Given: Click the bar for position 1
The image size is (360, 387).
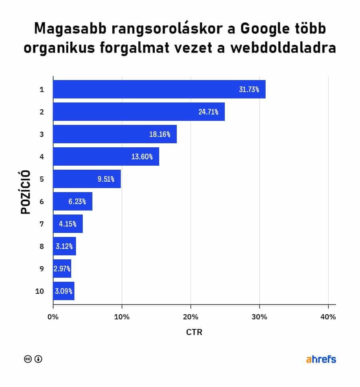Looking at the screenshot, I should point(159,89).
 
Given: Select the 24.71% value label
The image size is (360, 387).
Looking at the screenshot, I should point(208,112).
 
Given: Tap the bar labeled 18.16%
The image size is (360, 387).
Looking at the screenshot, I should point(115,134).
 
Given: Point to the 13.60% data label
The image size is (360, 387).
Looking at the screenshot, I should point(142,157).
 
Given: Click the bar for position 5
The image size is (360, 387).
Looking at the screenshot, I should point(87,179).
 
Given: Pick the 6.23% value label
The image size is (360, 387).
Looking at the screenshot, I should point(77,202).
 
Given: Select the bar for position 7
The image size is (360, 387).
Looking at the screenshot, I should point(68,224).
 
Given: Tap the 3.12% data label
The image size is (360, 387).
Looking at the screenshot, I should point(65,247).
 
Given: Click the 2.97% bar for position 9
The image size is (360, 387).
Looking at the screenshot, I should point(62,269).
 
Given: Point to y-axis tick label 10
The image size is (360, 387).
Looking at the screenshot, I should point(39,291).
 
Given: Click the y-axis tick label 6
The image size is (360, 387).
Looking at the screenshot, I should point(42,202).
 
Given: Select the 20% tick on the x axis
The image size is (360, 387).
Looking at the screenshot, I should point(191,317).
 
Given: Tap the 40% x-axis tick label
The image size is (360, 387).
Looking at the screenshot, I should point(328,317).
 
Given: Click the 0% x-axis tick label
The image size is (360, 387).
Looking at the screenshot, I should point(53,317).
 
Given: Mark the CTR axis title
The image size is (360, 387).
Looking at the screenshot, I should point(194,333).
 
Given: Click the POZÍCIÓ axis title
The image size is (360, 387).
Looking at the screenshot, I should point(25,192).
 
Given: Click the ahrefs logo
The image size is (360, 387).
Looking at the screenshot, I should point(321,359).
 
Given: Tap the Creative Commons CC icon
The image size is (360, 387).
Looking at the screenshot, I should point(28,359).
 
